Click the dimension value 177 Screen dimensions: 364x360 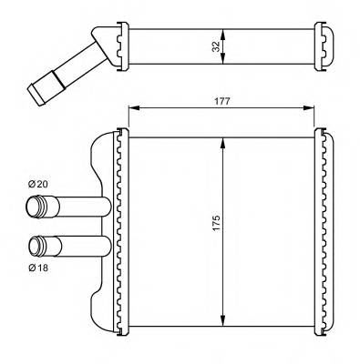coord(221,101)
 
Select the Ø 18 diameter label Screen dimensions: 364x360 coord(38,267)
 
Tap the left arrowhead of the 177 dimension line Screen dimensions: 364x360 coord(130,109)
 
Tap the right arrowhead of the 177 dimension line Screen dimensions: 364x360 coord(313,109)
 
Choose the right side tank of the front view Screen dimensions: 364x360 coord(322,231)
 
